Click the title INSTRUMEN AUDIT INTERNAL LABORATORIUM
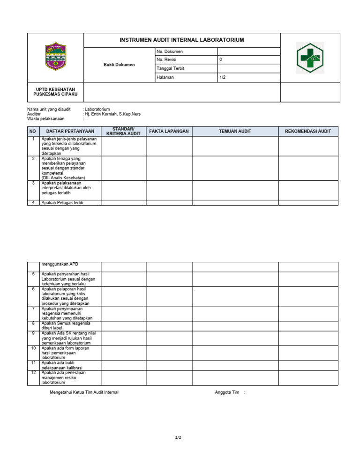(x=182, y=40)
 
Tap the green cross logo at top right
(x=310, y=58)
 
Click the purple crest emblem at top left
(x=55, y=57)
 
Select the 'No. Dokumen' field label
(x=170, y=52)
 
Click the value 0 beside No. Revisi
(x=221, y=60)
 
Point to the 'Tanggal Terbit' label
(x=171, y=68)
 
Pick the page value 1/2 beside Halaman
(x=223, y=77)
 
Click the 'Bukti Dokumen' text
(x=119, y=65)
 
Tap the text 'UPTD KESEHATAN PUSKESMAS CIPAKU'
(x=55, y=92)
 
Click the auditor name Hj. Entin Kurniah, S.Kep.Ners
(x=112, y=114)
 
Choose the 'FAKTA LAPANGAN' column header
(x=169, y=132)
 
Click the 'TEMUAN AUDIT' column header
(x=235, y=132)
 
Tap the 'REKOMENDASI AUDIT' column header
(x=308, y=132)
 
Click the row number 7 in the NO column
(x=33, y=309)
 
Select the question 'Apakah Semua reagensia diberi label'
(x=66, y=325)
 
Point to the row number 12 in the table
(x=33, y=373)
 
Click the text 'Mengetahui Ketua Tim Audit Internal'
(x=84, y=392)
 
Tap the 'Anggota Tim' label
(x=227, y=392)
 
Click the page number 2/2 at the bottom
(x=178, y=437)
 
